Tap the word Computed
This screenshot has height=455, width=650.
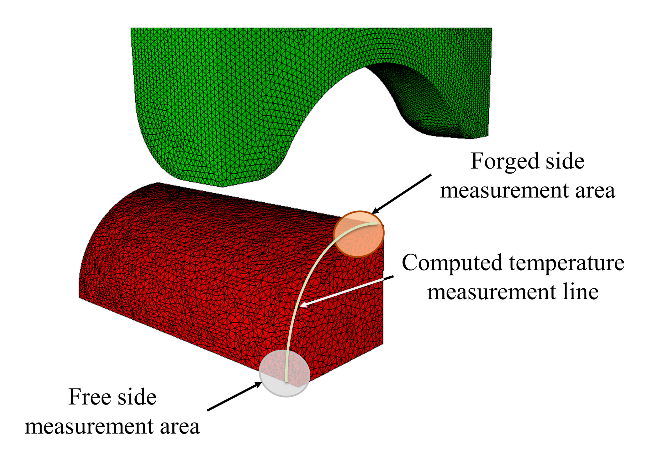[x=452, y=263]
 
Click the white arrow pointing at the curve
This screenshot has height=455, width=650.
[x=346, y=291]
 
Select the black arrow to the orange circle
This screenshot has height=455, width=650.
[x=402, y=194]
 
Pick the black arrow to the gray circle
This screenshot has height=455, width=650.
[x=235, y=396]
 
